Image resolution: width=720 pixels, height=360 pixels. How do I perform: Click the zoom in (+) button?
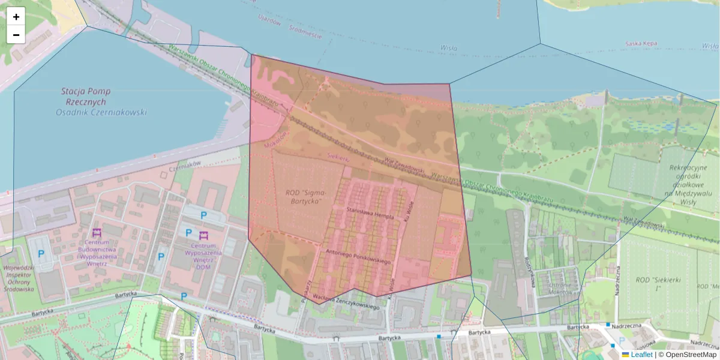[16, 16]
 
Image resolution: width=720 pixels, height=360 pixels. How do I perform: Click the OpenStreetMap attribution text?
[687, 355]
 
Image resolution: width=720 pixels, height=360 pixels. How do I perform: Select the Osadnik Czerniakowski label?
[101, 112]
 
